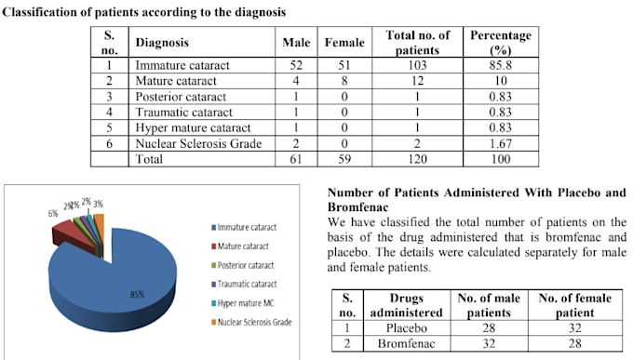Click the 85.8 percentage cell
(500, 66)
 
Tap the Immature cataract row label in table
(182, 66)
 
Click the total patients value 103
(417, 66)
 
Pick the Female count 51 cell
(343, 66)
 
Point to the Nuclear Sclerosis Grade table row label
(199, 144)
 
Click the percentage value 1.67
(500, 144)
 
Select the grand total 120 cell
(417, 160)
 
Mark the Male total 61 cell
(295, 160)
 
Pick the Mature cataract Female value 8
(343, 82)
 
